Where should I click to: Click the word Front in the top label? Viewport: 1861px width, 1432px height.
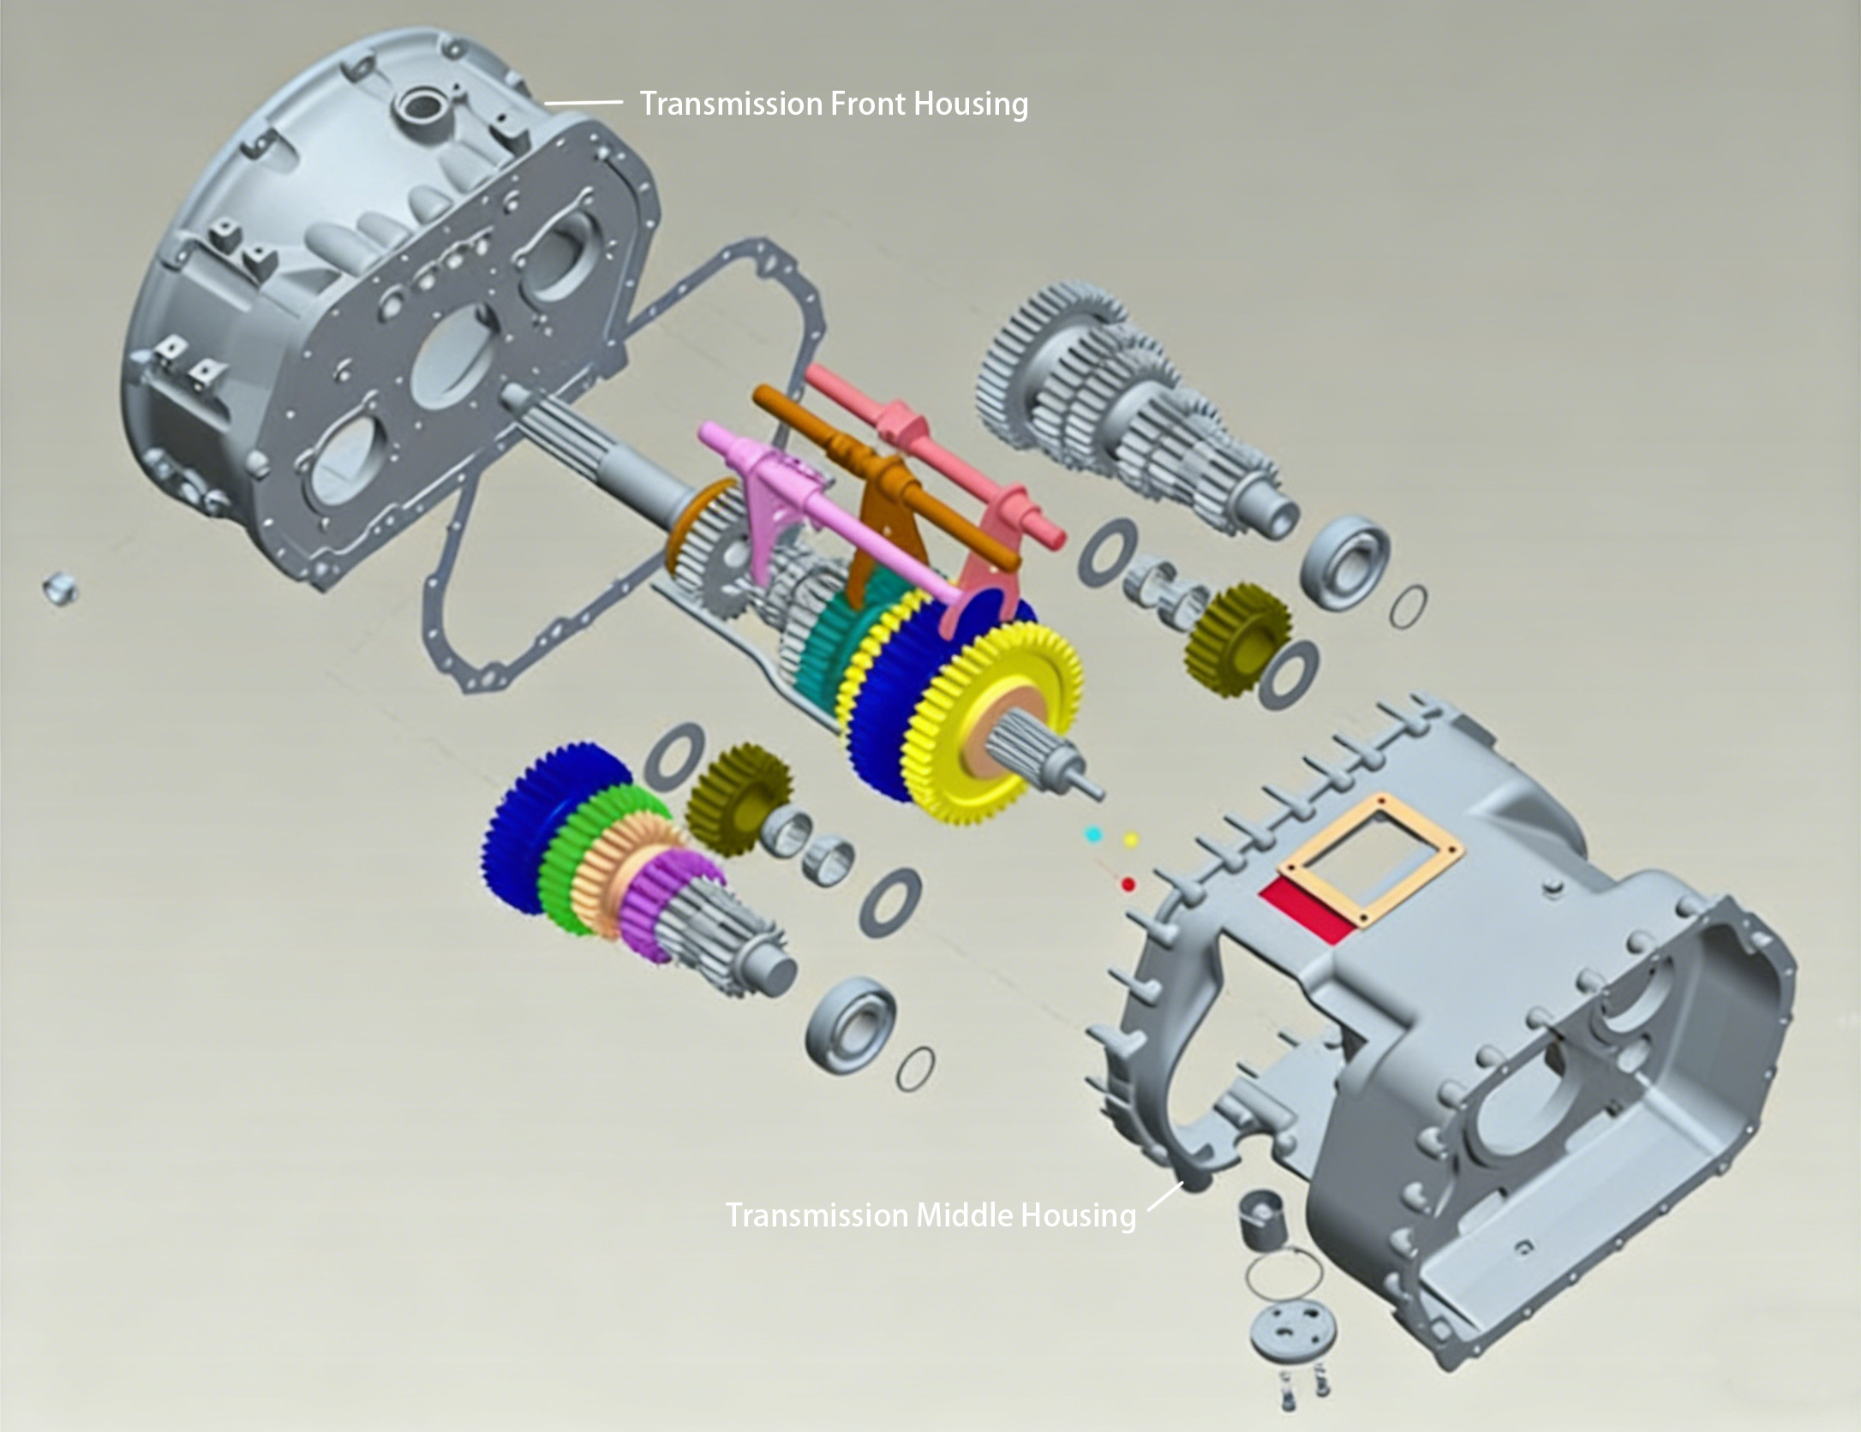click(x=866, y=104)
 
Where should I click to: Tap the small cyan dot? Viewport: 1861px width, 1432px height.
click(x=1092, y=832)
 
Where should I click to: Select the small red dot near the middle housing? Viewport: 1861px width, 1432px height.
click(x=1128, y=883)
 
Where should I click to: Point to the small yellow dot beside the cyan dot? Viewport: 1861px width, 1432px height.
click(x=1130, y=838)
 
